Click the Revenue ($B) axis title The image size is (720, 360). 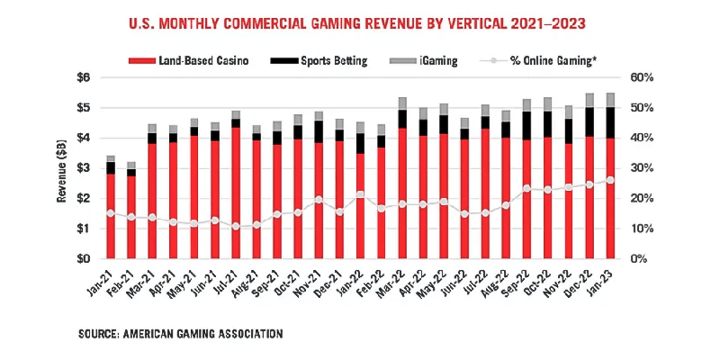[60, 168]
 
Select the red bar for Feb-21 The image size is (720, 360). [131, 216]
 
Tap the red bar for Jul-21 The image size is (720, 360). [236, 193]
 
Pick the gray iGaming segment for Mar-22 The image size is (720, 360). [403, 103]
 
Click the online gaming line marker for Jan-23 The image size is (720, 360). [612, 180]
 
